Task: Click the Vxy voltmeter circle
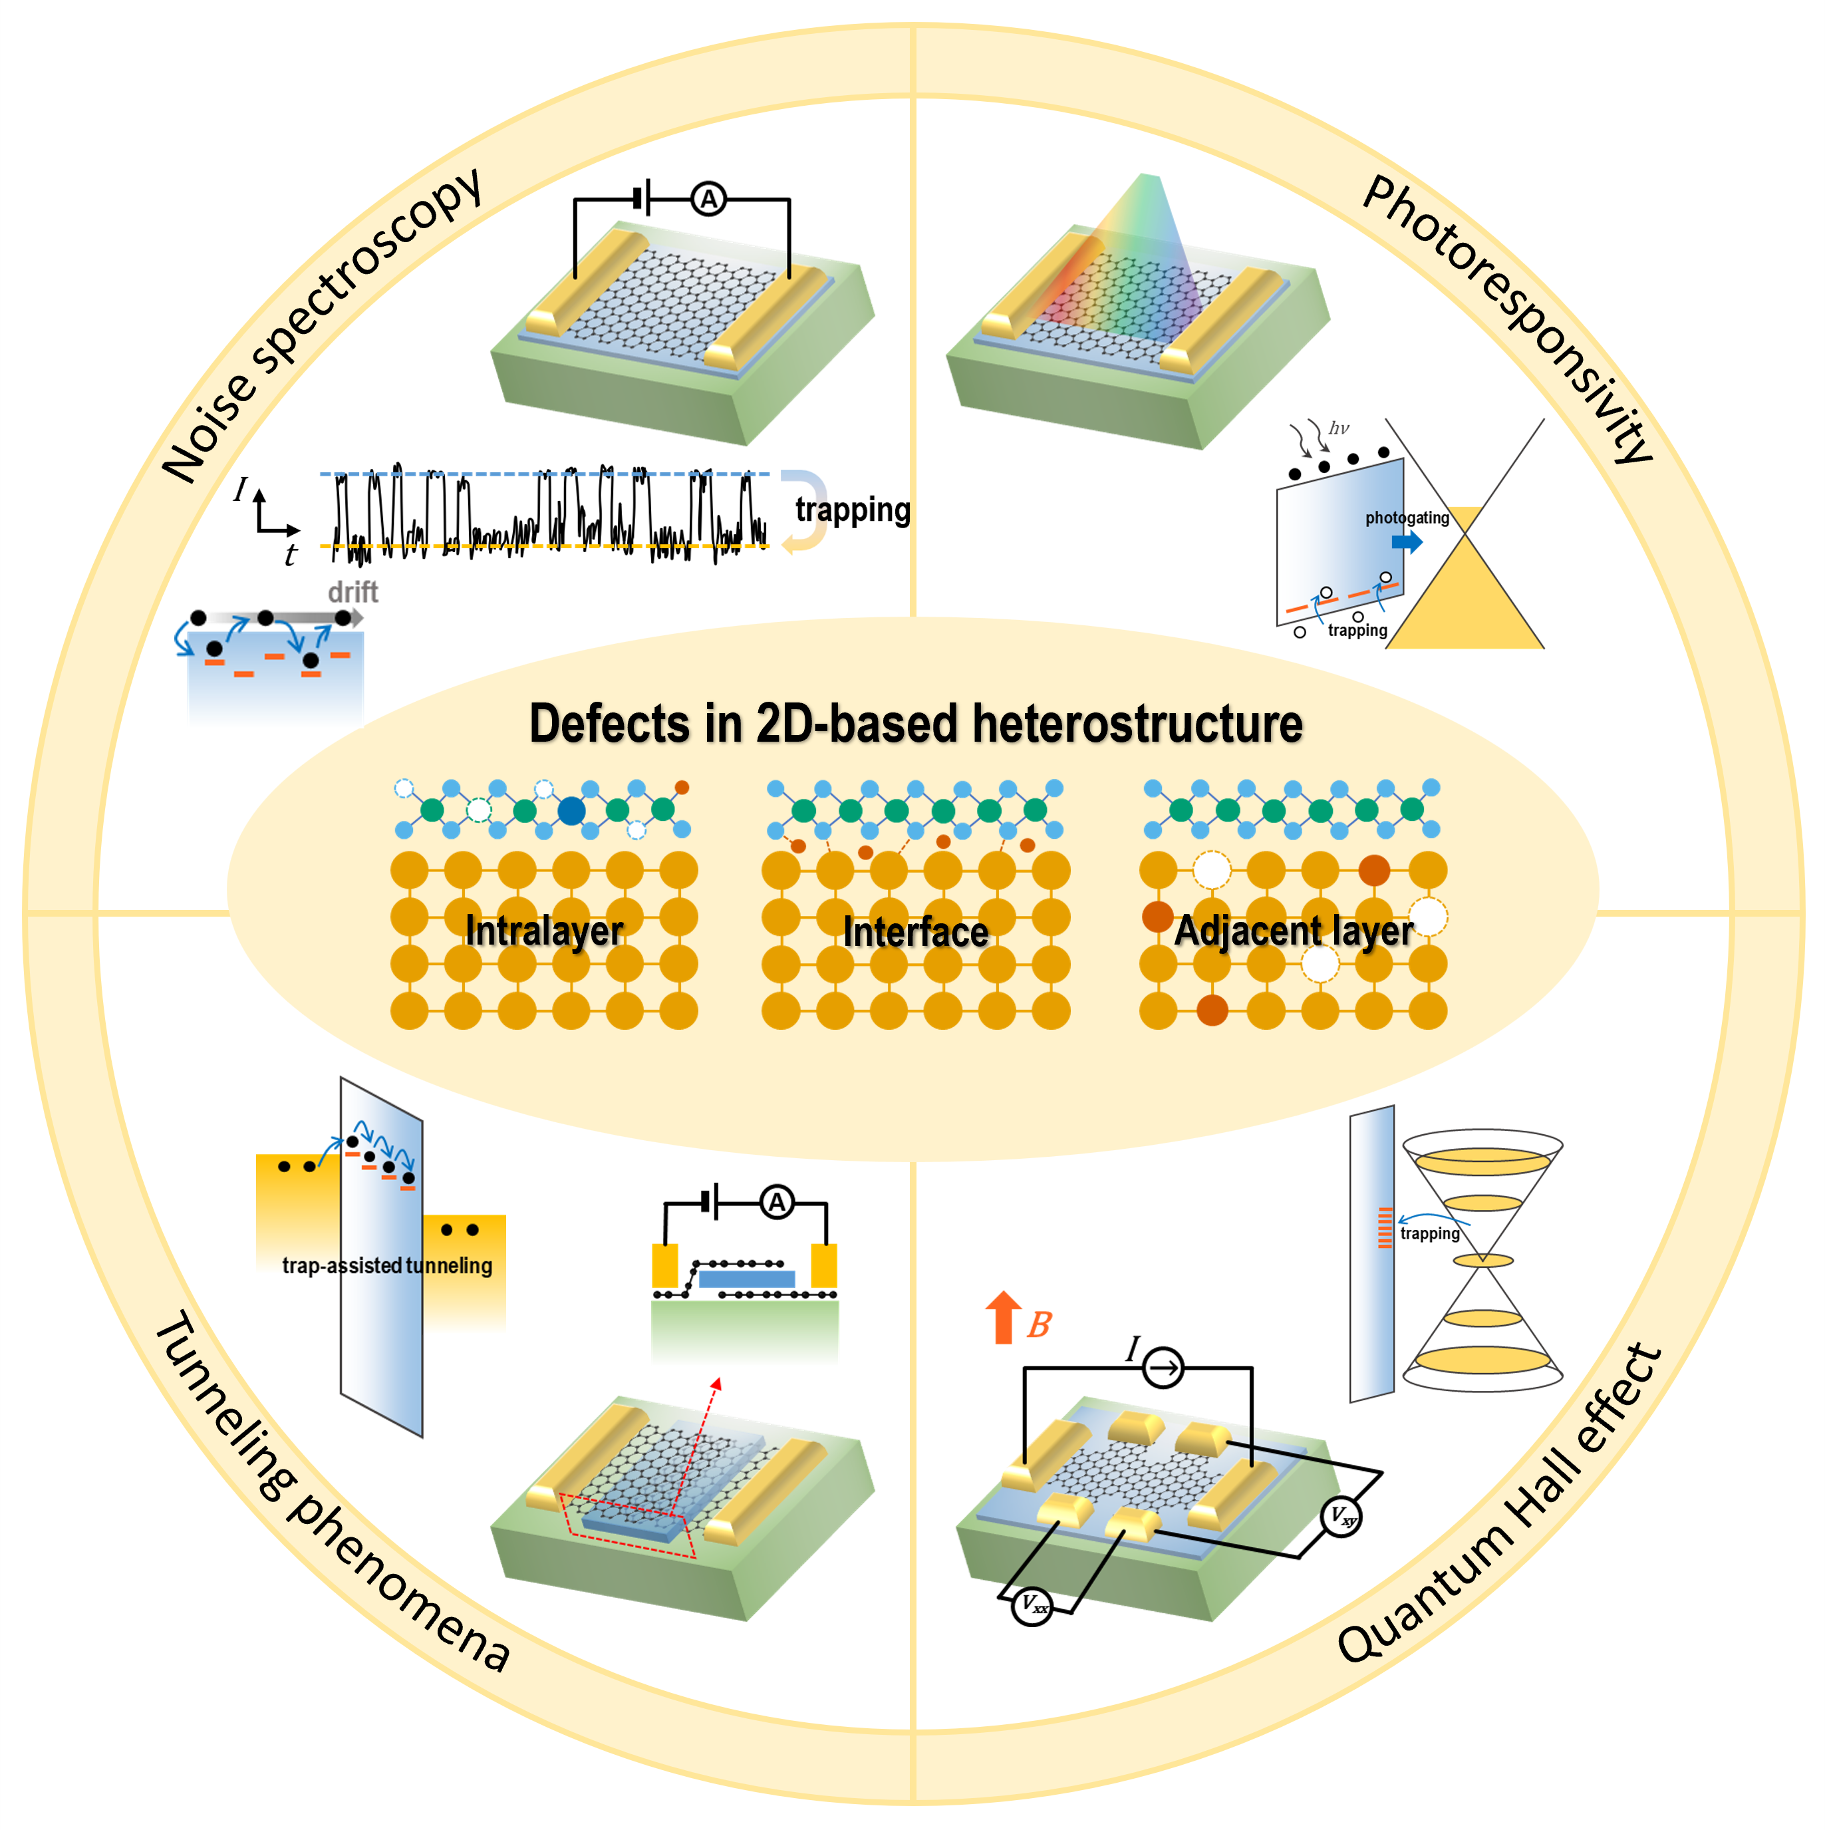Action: [1341, 1517]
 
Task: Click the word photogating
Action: [1407, 518]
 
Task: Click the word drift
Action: [352, 593]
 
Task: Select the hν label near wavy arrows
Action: [1338, 428]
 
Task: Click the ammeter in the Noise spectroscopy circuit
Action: [708, 200]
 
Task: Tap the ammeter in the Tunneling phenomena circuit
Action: [777, 1203]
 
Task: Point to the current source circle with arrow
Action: [1163, 1368]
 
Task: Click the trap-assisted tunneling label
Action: [387, 1265]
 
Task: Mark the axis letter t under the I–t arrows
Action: [291, 555]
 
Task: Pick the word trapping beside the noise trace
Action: [853, 510]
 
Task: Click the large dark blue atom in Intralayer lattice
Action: [571, 811]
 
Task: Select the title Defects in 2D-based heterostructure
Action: [916, 724]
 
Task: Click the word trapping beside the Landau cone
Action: [1429, 1233]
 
